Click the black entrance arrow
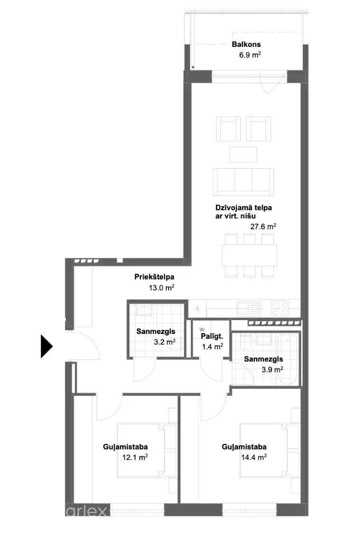(46, 346)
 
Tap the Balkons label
(246, 45)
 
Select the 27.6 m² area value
(263, 226)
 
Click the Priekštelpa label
(154, 277)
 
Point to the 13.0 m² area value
(162, 288)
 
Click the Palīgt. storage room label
(212, 336)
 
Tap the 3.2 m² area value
(165, 342)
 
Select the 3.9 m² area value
(272, 369)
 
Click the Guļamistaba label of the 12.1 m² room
(126, 447)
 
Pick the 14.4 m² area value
(254, 457)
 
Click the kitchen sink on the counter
(249, 308)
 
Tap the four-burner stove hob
(280, 308)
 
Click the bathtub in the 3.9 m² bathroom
(288, 360)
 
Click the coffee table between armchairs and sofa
(243, 154)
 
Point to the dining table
(250, 255)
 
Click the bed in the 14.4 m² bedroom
(263, 450)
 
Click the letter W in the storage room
(202, 330)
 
